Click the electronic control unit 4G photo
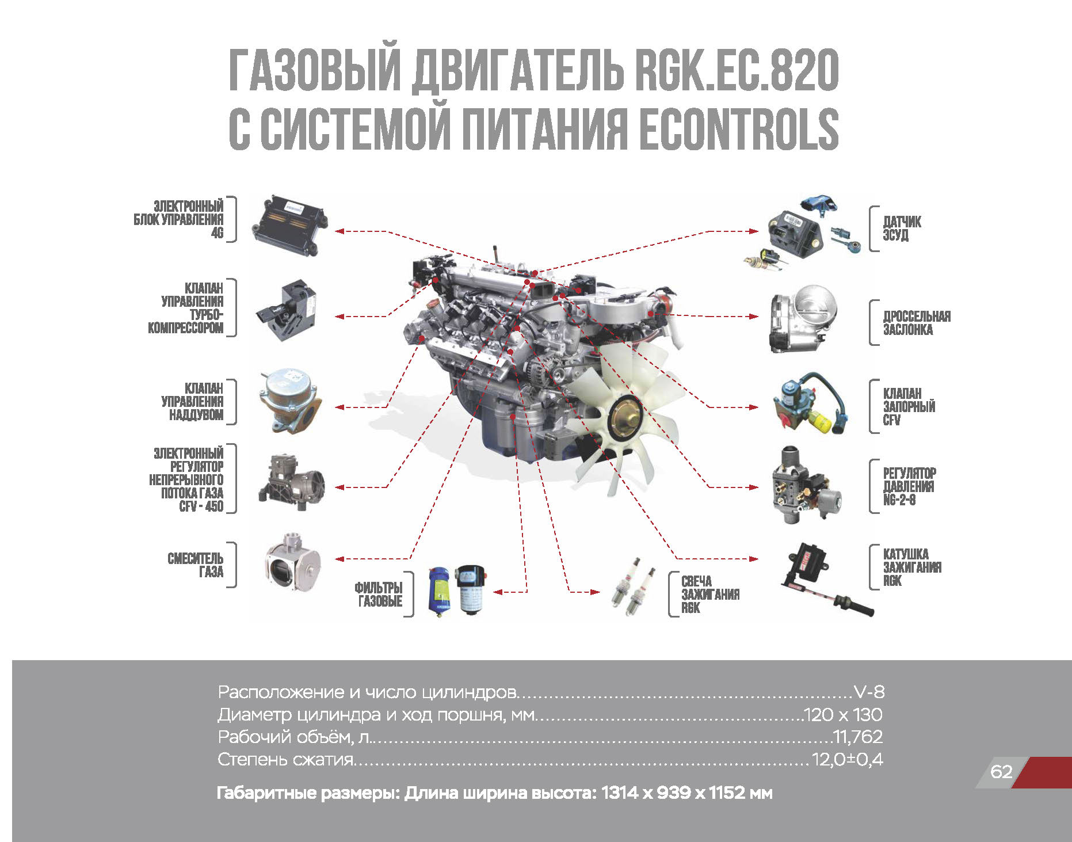point(290,225)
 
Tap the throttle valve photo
point(803,318)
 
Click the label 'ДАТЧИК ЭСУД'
point(902,228)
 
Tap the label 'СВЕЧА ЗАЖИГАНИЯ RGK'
point(710,595)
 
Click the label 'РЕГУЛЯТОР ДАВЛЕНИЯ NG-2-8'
point(909,486)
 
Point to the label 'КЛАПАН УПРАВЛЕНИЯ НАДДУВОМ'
point(192,402)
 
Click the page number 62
point(1001,771)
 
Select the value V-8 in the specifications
point(869,692)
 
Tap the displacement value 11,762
point(858,737)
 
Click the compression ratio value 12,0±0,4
point(847,760)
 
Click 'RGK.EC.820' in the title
point(737,70)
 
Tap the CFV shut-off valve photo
point(811,404)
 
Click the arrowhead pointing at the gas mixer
point(339,559)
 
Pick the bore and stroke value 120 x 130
point(842,715)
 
